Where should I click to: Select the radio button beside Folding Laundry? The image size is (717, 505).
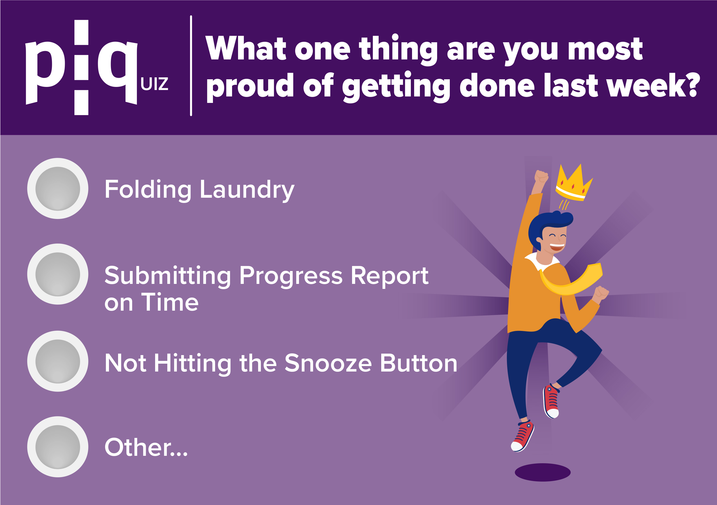(x=58, y=188)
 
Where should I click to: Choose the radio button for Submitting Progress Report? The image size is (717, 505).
(x=58, y=274)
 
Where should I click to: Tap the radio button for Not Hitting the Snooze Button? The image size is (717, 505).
(x=58, y=361)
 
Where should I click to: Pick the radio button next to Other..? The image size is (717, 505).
(x=58, y=447)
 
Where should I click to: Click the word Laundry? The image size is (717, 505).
(x=247, y=190)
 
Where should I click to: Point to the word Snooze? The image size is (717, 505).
(x=328, y=363)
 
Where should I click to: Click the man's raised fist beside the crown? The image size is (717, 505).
(x=541, y=177)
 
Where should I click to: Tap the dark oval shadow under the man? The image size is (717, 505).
(x=543, y=472)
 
